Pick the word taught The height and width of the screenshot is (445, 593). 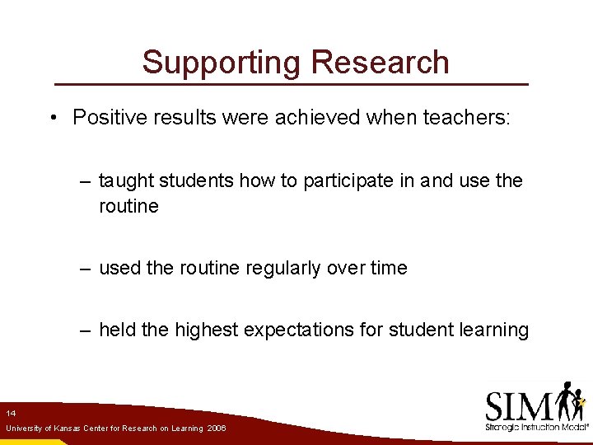[126, 180]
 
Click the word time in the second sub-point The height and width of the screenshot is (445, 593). [386, 268]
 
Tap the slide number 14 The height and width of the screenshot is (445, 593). [10, 412]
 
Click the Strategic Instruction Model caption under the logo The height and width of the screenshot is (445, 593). [536, 428]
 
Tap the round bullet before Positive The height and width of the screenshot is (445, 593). [52, 118]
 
